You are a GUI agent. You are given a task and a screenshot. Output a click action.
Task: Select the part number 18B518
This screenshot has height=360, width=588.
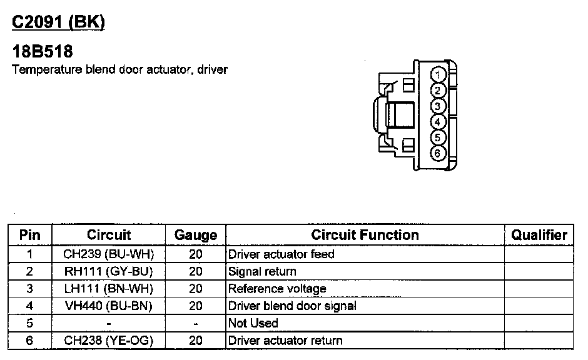pyautogui.click(x=43, y=52)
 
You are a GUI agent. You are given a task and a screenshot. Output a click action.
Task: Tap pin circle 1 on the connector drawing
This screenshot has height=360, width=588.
pyautogui.click(x=438, y=75)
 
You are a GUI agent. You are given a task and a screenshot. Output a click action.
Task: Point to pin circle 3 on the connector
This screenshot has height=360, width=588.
pyautogui.click(x=438, y=106)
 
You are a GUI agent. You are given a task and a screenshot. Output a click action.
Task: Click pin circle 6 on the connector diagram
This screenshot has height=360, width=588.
pyautogui.click(x=438, y=153)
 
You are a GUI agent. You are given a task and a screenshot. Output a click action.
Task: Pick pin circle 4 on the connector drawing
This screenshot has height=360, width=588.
pyautogui.click(x=438, y=122)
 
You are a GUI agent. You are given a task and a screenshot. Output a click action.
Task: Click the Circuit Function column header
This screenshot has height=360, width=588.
pyautogui.click(x=365, y=235)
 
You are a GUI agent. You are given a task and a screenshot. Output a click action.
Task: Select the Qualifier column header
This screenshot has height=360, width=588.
pyautogui.click(x=539, y=235)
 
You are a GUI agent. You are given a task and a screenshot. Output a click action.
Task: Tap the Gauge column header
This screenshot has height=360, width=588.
pyautogui.click(x=196, y=235)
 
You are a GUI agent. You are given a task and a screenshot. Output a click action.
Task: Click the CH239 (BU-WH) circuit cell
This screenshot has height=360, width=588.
pyautogui.click(x=109, y=254)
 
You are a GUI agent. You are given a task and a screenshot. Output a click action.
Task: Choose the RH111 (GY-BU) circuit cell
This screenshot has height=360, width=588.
pyautogui.click(x=109, y=272)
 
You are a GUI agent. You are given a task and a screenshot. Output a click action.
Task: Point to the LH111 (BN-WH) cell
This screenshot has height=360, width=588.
pyautogui.click(x=109, y=289)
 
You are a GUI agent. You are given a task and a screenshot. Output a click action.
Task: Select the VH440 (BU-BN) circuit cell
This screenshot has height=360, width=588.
pyautogui.click(x=109, y=306)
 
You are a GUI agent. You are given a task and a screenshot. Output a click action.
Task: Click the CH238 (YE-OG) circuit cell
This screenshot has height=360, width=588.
pyautogui.click(x=109, y=341)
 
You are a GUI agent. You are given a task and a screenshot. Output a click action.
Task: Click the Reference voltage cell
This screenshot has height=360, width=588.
pyautogui.click(x=277, y=289)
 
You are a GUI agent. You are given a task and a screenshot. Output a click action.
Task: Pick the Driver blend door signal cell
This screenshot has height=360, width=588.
pyautogui.click(x=292, y=306)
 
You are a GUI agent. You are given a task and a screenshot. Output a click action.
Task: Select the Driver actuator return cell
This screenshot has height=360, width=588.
pyautogui.click(x=285, y=341)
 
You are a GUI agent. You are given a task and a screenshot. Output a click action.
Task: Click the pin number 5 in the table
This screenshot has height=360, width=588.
pyautogui.click(x=30, y=323)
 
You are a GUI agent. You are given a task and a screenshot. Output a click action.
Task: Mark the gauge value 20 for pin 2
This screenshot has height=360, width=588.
pyautogui.click(x=196, y=272)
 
